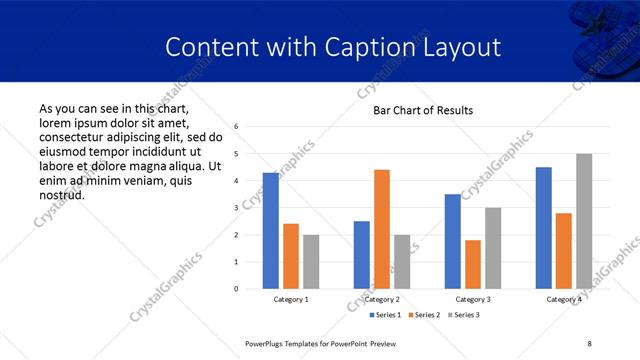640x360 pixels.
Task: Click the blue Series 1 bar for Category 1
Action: point(271,231)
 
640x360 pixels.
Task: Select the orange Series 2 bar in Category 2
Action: point(382,229)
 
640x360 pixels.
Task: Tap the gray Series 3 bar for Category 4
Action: point(584,221)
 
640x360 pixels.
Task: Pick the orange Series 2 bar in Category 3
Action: point(473,264)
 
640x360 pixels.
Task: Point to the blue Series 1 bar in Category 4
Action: point(544,228)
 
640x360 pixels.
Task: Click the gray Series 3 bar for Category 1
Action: point(311,262)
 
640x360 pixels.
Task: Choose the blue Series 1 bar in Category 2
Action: point(362,255)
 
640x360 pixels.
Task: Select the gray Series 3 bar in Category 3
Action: point(493,248)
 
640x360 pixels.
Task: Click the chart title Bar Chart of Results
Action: point(423,110)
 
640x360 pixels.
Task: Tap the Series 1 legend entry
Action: point(386,315)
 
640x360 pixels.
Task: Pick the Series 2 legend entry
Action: point(427,315)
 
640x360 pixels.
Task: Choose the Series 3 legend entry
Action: point(466,315)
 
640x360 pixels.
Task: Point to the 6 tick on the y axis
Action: point(236,127)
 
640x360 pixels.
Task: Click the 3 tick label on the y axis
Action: point(236,208)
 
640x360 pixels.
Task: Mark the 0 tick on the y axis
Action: point(236,289)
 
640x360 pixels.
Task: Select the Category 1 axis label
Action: point(291,299)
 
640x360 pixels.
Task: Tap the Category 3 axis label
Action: point(473,299)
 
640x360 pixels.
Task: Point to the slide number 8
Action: point(590,343)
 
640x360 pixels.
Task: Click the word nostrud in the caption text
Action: point(61,194)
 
